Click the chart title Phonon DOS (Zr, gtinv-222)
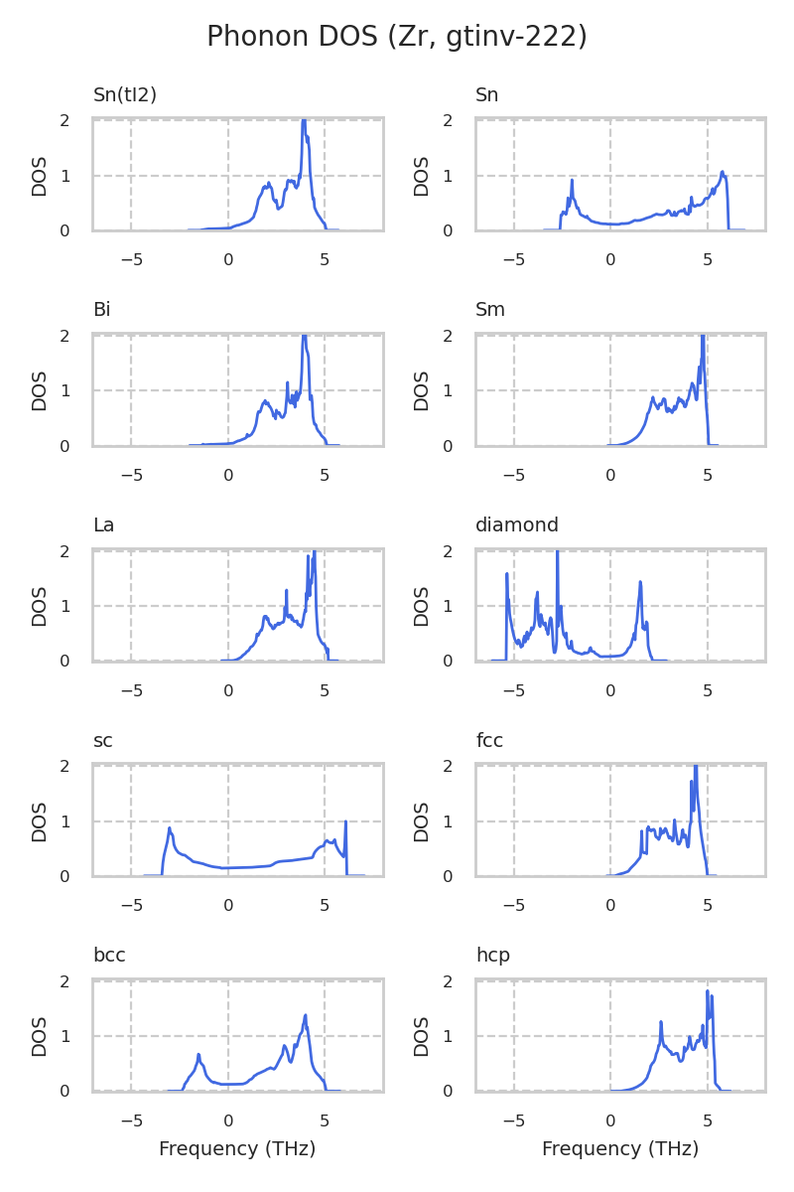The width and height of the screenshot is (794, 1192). click(397, 37)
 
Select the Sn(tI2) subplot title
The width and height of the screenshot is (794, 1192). click(125, 95)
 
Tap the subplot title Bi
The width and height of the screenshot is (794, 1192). click(101, 310)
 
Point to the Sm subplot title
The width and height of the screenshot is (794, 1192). click(490, 310)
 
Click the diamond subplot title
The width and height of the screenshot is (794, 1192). click(517, 525)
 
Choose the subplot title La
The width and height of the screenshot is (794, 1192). click(103, 525)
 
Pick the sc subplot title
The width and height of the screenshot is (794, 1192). click(102, 741)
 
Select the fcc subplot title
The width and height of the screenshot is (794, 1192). click(490, 741)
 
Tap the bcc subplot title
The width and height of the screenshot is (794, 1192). click(109, 956)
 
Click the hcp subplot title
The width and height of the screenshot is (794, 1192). click(492, 956)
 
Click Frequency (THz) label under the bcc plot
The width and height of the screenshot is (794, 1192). click(237, 1149)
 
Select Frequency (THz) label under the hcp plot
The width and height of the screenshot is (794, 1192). click(620, 1149)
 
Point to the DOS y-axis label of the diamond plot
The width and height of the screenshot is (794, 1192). click(422, 606)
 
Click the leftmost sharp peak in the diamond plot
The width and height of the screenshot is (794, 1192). click(507, 574)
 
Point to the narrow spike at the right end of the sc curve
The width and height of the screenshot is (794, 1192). click(345, 822)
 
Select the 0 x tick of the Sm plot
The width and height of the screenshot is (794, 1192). click(610, 476)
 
